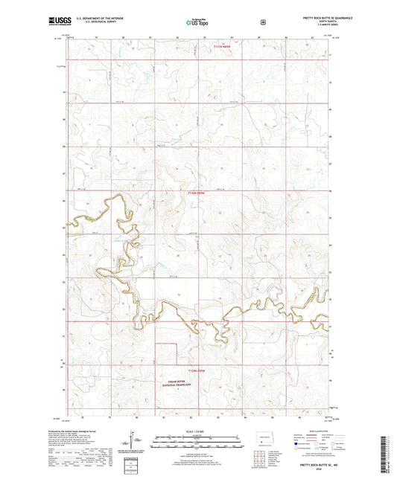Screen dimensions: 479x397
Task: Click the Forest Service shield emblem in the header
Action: pyautogui.click(x=262, y=22)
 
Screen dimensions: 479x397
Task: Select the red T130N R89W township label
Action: pyautogui.click(x=195, y=194)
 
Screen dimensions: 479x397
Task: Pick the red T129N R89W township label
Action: pyautogui.click(x=195, y=370)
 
